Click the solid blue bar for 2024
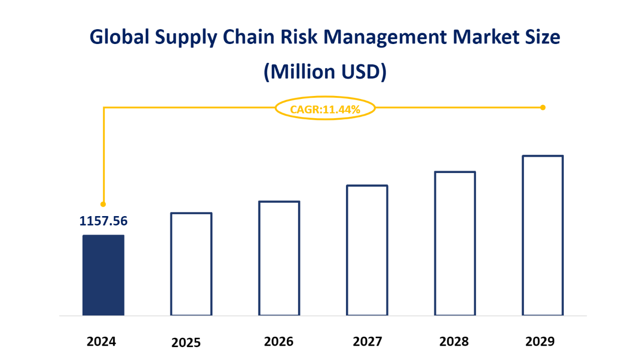[x=103, y=275]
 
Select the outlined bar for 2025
[x=191, y=264]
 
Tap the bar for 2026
[x=279, y=258]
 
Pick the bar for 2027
[x=367, y=250]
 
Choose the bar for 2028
[x=455, y=243]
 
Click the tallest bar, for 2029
[x=543, y=235]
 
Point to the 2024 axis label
[x=101, y=342]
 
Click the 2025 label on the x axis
[x=186, y=343]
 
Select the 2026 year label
[x=279, y=342]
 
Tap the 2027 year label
[x=367, y=342]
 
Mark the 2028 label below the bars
[x=454, y=342]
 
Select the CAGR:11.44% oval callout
[x=325, y=108]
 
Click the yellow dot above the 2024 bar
[x=103, y=204]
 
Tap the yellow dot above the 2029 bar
[x=543, y=107]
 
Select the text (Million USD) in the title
[x=324, y=72]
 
